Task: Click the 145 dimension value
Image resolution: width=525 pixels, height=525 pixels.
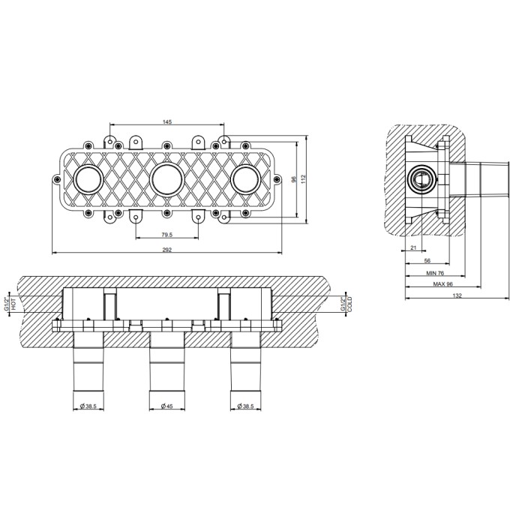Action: (167, 121)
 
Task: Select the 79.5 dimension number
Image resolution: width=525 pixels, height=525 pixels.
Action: (166, 235)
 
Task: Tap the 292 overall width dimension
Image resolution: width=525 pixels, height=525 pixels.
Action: (166, 250)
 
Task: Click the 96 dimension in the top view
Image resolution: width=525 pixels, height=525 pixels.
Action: (294, 179)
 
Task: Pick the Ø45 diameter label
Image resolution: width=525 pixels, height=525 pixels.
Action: (166, 406)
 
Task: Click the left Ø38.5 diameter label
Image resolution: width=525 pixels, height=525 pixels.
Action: (88, 406)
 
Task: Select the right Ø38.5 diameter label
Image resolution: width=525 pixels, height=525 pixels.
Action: (245, 406)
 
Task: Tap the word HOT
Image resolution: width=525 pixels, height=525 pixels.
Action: (13, 304)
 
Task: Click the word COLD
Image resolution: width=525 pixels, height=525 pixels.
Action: (350, 304)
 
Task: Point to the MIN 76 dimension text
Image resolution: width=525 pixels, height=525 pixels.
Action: (435, 273)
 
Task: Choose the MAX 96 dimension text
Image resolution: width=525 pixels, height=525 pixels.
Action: (442, 284)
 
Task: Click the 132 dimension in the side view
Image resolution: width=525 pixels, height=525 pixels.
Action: (457, 295)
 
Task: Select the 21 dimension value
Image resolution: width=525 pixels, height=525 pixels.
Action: (413, 247)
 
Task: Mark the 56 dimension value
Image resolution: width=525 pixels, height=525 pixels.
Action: (427, 260)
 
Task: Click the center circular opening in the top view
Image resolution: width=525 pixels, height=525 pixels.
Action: (166, 179)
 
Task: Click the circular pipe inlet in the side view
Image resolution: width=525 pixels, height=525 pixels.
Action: (422, 179)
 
